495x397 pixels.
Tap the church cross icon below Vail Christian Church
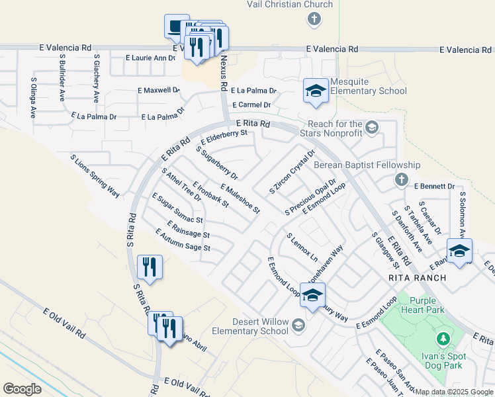point(314,19)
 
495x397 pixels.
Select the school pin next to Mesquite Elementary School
point(316,91)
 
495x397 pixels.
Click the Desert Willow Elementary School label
point(250,326)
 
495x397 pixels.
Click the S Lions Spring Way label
point(95,175)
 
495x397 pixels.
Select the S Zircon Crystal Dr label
point(292,171)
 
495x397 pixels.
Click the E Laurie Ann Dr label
point(150,58)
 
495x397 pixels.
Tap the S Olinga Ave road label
point(33,97)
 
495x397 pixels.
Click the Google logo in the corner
point(22,389)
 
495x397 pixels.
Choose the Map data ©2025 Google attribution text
point(454,392)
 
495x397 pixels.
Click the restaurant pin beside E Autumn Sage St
point(150,267)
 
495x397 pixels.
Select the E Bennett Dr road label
point(435,187)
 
